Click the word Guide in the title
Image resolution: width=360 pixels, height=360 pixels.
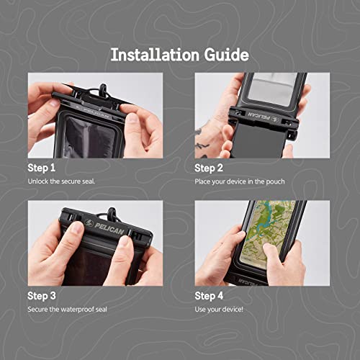[x=225, y=54]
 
